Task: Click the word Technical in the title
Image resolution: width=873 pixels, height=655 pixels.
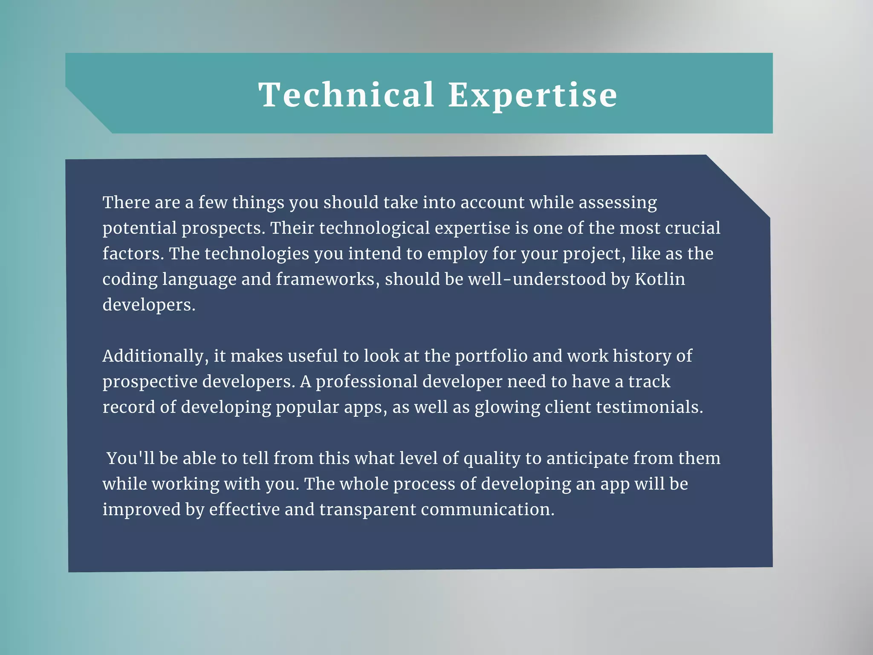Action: pos(346,95)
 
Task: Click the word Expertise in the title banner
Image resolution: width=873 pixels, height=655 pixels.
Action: pos(532,96)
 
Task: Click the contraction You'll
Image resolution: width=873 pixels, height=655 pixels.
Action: pos(130,458)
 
